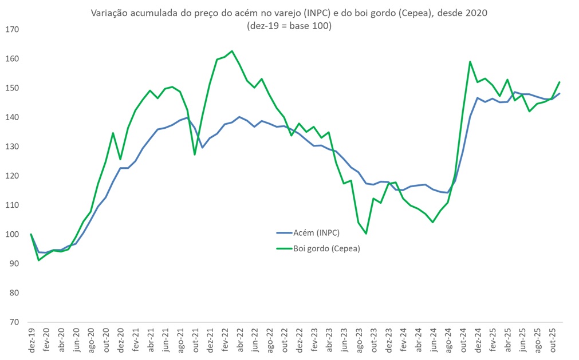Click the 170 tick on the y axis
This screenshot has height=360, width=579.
click(x=12, y=30)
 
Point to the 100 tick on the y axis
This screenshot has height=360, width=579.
click(x=12, y=235)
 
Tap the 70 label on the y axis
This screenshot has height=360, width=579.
click(x=14, y=322)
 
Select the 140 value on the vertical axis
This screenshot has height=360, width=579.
click(x=12, y=117)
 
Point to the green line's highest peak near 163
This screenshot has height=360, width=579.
click(x=231, y=51)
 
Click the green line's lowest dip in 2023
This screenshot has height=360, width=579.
click(x=365, y=234)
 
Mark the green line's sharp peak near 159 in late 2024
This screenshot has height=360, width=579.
click(x=470, y=62)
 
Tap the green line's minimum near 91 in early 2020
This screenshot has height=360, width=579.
click(x=38, y=260)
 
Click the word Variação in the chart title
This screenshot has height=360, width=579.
click(x=108, y=13)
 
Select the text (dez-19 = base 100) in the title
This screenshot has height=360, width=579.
click(x=289, y=26)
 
